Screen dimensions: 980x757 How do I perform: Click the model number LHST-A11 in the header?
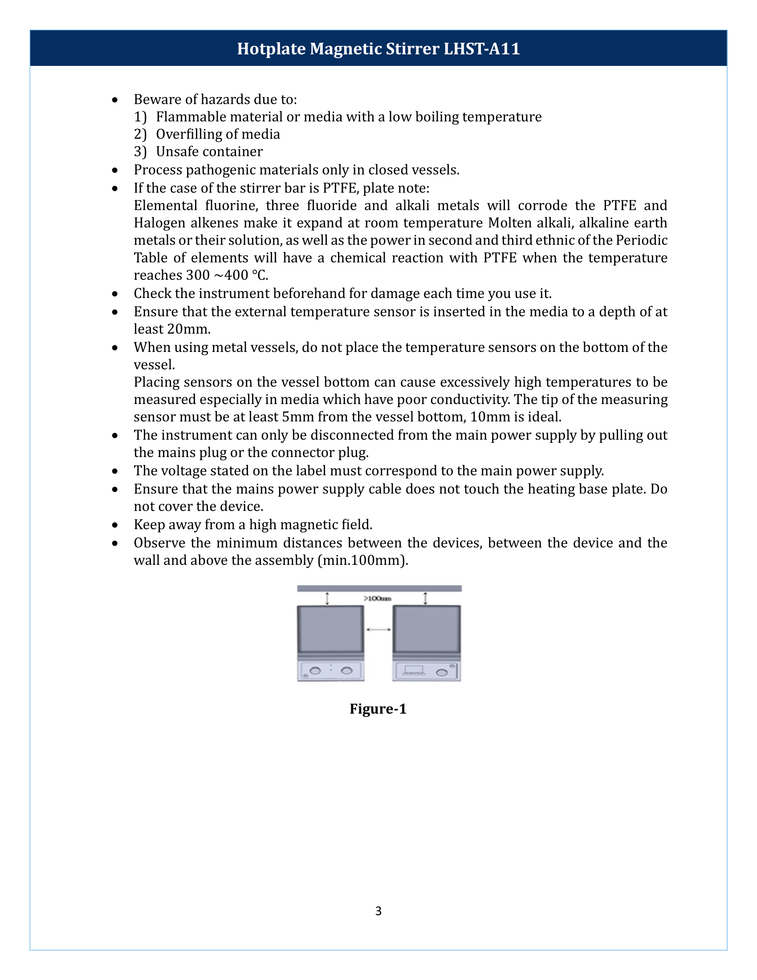(482, 49)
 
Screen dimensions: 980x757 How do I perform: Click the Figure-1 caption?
(378, 709)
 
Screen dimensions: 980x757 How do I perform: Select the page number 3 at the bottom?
(378, 911)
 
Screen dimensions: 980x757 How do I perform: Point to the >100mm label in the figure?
(377, 598)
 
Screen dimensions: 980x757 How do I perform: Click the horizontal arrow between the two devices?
(378, 629)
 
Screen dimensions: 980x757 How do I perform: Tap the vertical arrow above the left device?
(327, 599)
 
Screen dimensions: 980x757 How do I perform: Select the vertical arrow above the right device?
(425, 599)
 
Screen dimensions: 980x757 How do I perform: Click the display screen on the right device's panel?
(414, 669)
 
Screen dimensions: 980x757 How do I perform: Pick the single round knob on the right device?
(442, 672)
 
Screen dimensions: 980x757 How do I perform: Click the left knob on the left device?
(315, 671)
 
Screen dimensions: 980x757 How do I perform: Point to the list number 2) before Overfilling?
(140, 134)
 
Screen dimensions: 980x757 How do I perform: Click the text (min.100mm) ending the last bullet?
(362, 560)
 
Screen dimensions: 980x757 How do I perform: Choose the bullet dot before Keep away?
(115, 525)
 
